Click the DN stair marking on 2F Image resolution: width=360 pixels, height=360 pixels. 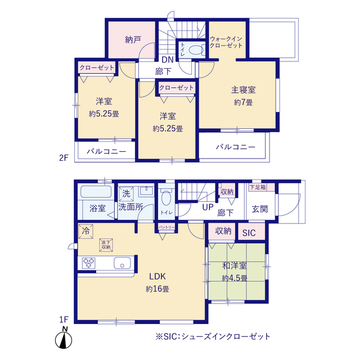[169, 59]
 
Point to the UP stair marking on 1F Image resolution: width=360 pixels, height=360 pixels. [207, 208]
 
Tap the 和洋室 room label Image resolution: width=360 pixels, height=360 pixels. [236, 265]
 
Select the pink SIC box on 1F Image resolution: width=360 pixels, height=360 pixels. [248, 232]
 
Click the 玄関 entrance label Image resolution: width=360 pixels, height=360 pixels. [260, 208]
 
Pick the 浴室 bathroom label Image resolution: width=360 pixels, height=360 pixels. [97, 208]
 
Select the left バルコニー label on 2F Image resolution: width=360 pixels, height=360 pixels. [104, 151]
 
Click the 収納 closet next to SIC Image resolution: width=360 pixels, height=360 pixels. [222, 231]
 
